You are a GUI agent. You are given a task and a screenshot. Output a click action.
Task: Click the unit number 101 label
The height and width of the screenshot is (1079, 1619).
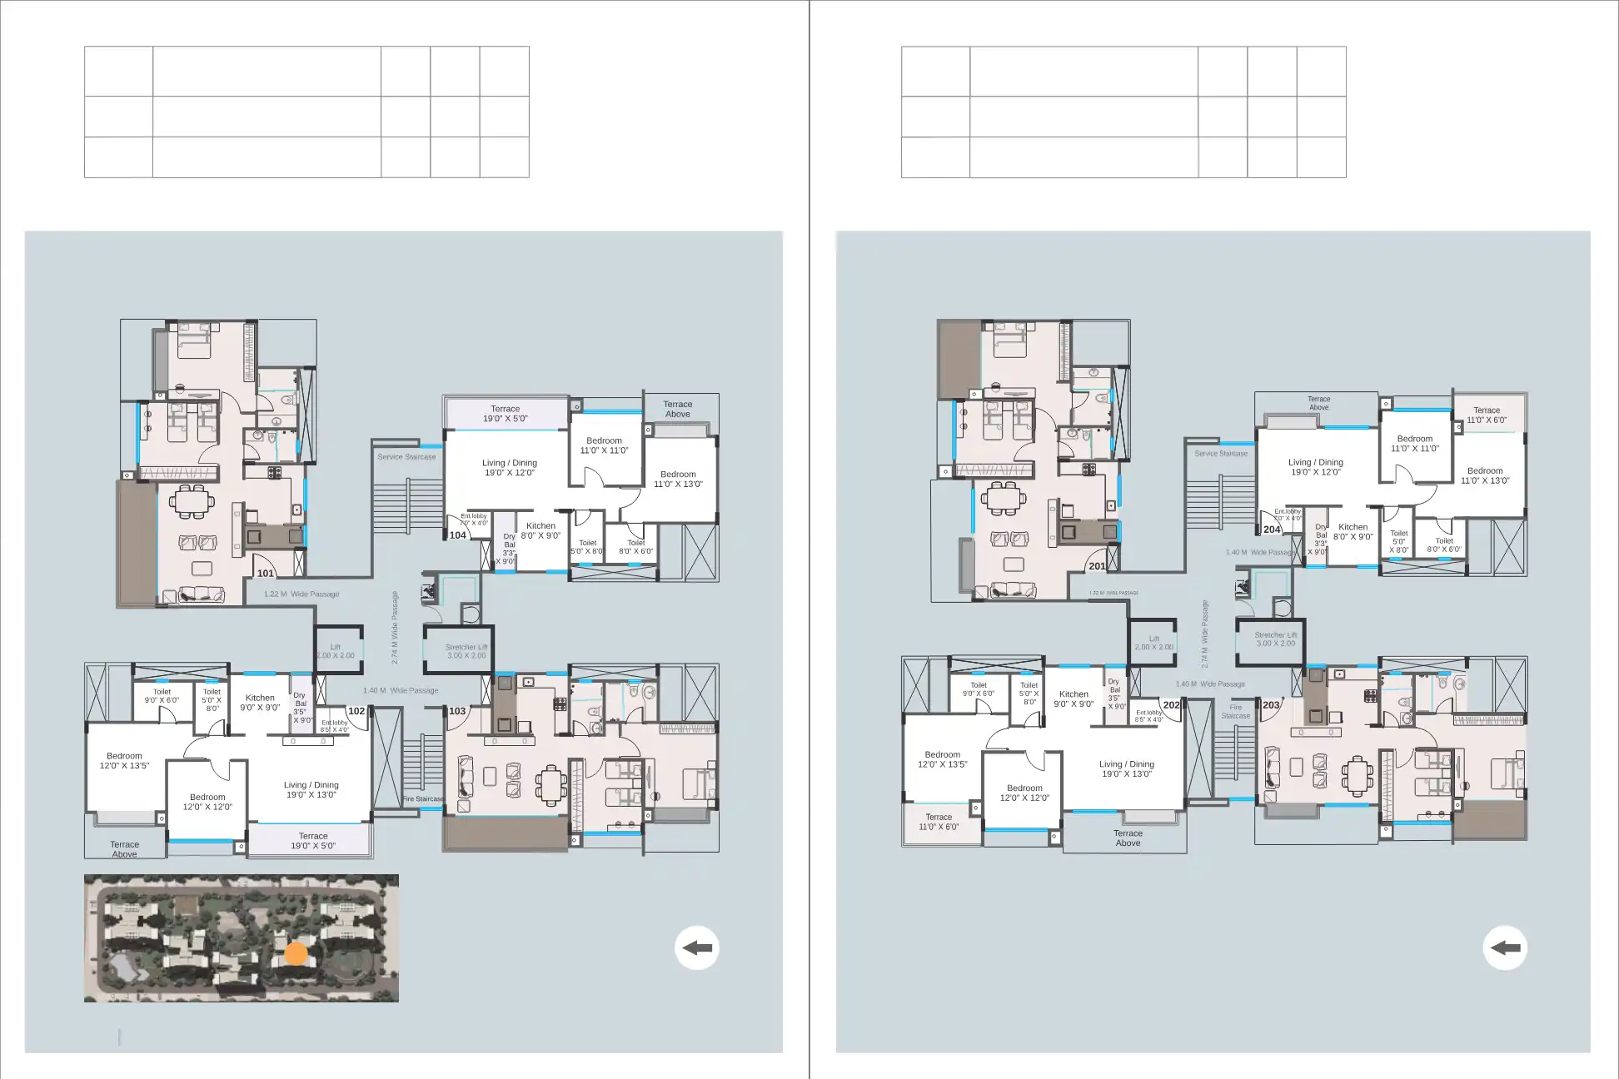click(266, 573)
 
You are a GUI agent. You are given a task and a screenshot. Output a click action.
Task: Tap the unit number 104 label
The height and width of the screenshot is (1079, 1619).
click(458, 535)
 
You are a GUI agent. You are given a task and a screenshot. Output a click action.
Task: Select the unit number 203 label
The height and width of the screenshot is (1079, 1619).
click(1271, 705)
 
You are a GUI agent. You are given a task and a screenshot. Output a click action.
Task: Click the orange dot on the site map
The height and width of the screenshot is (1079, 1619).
click(296, 953)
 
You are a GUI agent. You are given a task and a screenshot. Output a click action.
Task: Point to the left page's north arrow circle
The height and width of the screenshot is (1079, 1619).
click(697, 947)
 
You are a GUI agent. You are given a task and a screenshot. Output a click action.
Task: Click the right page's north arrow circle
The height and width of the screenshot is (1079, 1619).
click(1505, 947)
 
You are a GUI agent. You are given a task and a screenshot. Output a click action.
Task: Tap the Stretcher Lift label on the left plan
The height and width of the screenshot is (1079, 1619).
click(466, 651)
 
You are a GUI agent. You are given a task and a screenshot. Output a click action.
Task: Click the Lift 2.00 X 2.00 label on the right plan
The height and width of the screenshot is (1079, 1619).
click(1153, 643)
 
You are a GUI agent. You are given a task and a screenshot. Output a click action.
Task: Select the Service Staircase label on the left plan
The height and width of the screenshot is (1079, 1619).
click(406, 456)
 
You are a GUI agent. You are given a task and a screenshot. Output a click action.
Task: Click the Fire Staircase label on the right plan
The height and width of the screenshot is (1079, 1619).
click(1235, 712)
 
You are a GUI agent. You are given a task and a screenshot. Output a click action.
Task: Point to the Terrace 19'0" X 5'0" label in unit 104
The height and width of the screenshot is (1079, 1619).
click(505, 414)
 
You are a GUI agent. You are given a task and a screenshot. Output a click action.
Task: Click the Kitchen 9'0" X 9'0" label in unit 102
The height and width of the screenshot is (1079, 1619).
click(260, 703)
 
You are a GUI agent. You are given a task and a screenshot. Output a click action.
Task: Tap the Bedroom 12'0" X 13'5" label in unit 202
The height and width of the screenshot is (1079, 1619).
click(942, 759)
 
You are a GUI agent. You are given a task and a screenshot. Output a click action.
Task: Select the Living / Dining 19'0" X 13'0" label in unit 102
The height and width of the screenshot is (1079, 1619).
click(311, 789)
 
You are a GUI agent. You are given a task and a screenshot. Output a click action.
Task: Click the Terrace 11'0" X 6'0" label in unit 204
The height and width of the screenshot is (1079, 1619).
click(1486, 415)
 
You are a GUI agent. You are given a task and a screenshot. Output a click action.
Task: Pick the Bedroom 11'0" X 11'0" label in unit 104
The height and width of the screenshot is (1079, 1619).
click(604, 445)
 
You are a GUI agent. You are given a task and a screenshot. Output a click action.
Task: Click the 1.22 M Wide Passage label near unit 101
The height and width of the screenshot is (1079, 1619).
click(301, 594)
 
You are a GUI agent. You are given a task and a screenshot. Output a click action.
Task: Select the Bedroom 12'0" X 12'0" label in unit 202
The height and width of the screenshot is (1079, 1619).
click(1024, 793)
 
